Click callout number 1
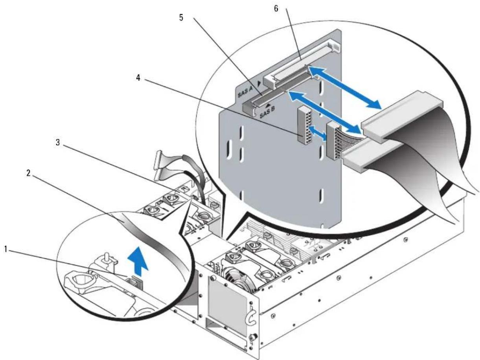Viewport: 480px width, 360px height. click(6, 249)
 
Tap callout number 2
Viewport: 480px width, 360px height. click(28, 174)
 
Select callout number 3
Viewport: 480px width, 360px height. click(58, 142)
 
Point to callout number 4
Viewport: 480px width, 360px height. click(138, 78)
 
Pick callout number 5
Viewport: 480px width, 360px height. click(181, 18)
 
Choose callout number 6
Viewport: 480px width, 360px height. click(276, 9)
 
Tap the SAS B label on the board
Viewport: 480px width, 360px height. click(267, 112)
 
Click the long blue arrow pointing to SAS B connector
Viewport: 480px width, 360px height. click(324, 112)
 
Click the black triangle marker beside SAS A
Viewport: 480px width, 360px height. click(259, 83)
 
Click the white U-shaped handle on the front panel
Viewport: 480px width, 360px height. click(251, 318)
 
